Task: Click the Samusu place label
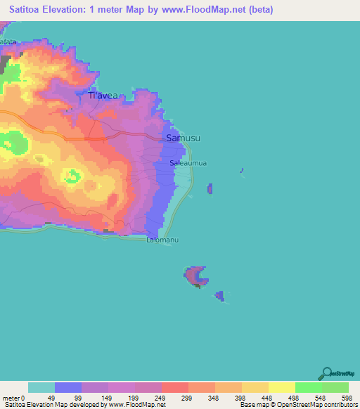[183, 138]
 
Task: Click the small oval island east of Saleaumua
[210, 188]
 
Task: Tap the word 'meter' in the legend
[11, 397]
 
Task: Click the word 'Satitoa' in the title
[29, 10]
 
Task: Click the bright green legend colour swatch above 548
[309, 387]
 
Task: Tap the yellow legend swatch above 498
[282, 387]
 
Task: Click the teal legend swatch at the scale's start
[41, 387]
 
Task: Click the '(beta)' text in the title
[259, 10]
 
